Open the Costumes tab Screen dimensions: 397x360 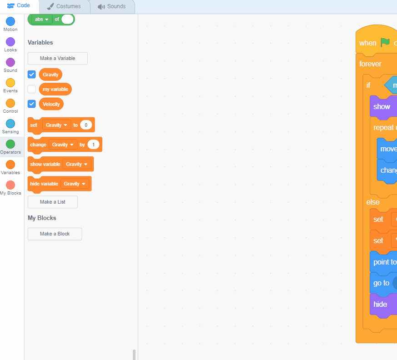point(64,6)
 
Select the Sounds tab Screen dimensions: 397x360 point(112,6)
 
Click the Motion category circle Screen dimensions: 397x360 point(10,21)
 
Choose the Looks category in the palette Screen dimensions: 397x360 point(10,42)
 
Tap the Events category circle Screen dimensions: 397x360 point(10,83)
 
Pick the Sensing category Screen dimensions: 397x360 point(10,124)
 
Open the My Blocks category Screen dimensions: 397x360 point(10,185)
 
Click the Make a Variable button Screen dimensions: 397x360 point(57,58)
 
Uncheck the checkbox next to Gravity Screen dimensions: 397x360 point(32,74)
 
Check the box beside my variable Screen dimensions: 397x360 point(32,89)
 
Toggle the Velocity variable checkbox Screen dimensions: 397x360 point(32,104)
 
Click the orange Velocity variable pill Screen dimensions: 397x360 point(51,104)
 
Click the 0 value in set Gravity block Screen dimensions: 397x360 point(86,125)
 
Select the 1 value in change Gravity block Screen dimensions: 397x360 point(93,145)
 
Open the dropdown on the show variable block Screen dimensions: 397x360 point(85,164)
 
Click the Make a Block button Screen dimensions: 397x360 point(55,234)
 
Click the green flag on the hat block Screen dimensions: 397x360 point(385,42)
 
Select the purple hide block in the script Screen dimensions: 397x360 point(380,304)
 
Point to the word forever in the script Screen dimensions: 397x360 point(370,64)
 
